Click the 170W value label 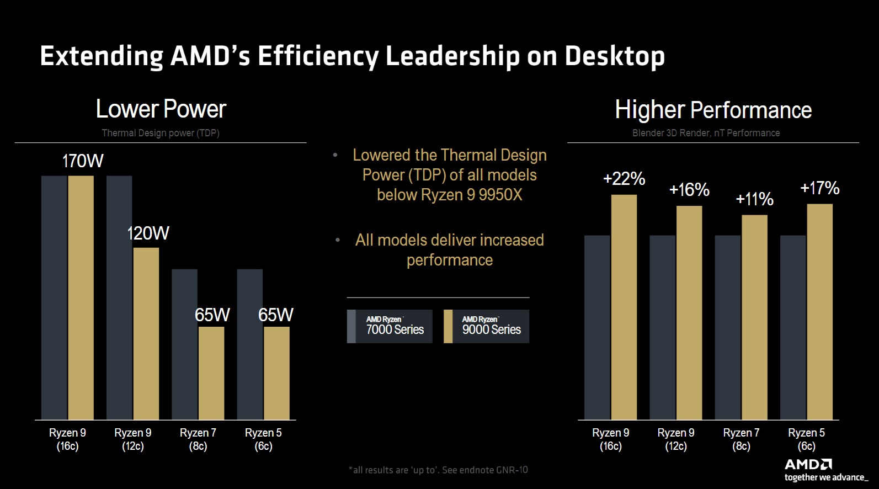coord(83,161)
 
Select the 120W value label coord(148,233)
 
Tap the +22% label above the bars coord(624,178)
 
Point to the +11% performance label coord(754,199)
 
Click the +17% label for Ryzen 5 coord(819,188)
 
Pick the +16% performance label coord(689,190)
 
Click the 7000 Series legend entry coord(390,326)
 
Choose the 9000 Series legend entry coord(486,326)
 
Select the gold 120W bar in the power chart coord(146,333)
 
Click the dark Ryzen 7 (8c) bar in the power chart coord(184,344)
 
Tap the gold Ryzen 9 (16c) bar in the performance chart coord(624,307)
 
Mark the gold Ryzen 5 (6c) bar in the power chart coord(276,373)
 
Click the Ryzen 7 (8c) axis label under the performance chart coord(741,439)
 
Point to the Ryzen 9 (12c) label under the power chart coord(132,439)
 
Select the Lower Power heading coord(161,109)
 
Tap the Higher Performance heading coord(713,110)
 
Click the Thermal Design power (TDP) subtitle coord(161,133)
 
